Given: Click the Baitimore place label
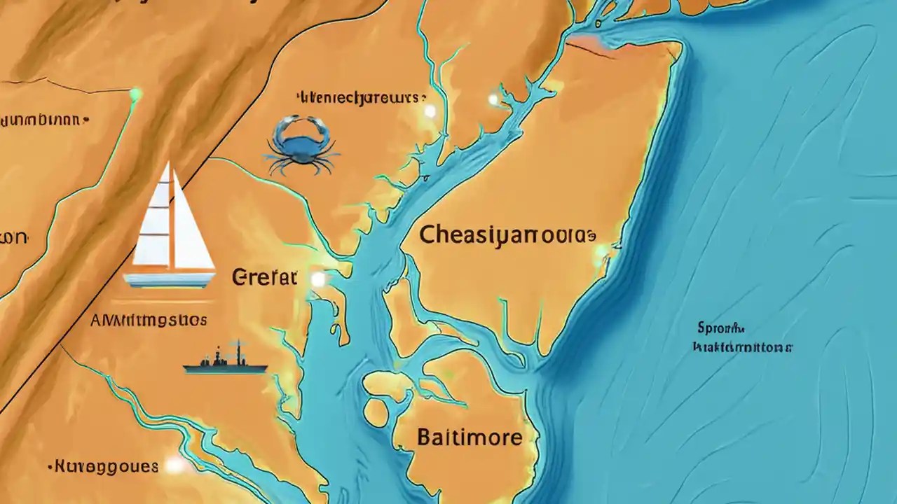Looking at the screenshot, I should click(x=469, y=438).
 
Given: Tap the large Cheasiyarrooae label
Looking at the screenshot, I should click(x=507, y=236).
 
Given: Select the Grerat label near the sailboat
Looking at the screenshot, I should click(x=264, y=277).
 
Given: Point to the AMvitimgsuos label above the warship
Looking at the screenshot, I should click(x=149, y=321).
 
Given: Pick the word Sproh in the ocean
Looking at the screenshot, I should click(x=720, y=328).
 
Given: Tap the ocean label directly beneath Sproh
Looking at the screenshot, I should click(x=742, y=346).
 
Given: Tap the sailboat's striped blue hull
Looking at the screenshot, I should click(x=169, y=279).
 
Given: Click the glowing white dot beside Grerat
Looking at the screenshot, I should click(x=318, y=279).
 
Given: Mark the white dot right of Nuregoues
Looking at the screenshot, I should click(x=174, y=465).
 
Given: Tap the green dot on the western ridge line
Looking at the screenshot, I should click(x=136, y=93).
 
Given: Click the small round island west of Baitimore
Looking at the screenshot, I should click(x=376, y=413).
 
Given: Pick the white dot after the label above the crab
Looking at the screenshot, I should click(x=430, y=111).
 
